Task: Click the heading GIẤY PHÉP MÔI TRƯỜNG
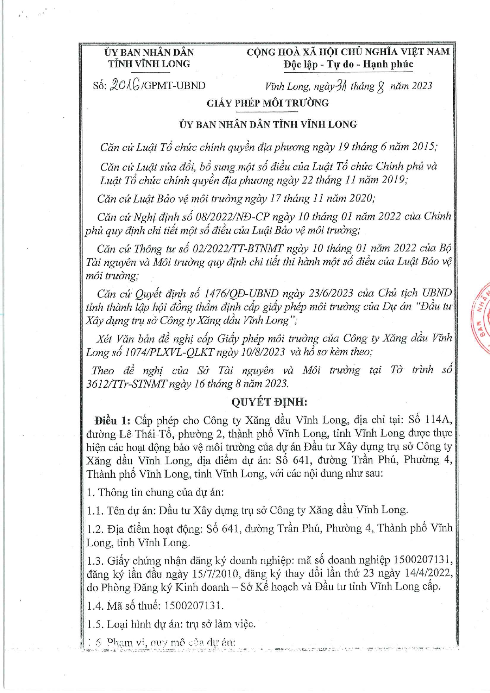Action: click(x=268, y=103)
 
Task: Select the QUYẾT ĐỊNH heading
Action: click(x=269, y=402)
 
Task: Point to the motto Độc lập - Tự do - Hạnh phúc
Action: click(x=348, y=64)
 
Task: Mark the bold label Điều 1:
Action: click(x=112, y=420)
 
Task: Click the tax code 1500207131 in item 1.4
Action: click(x=193, y=606)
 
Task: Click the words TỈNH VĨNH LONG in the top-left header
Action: click(x=149, y=64)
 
